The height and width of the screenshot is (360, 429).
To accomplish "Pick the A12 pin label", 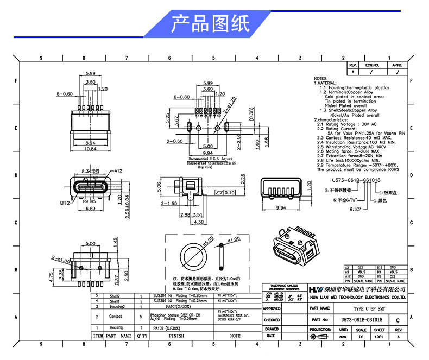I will [x=119, y=170].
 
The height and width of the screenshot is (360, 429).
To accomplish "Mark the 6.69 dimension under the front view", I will [x=90, y=209].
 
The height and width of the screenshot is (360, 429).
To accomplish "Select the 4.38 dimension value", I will [x=185, y=222].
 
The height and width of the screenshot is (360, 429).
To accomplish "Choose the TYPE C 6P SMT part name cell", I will [x=358, y=307].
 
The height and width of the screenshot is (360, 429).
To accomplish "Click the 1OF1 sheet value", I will [x=379, y=337].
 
